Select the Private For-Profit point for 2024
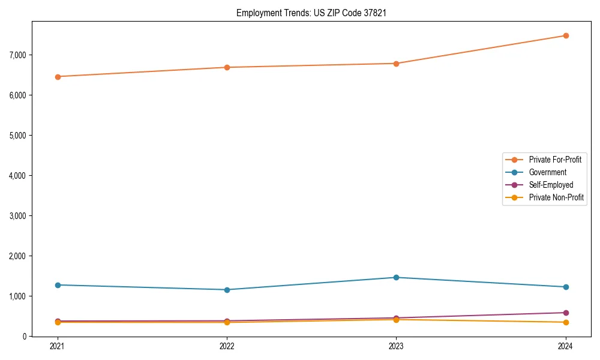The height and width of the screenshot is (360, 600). click(x=566, y=35)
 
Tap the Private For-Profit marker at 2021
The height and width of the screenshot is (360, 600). click(x=58, y=77)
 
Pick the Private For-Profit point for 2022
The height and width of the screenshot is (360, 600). click(x=227, y=67)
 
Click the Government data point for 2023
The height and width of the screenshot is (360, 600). click(x=397, y=277)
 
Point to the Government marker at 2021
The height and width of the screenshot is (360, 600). click(x=58, y=285)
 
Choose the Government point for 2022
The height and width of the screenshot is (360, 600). click(x=227, y=290)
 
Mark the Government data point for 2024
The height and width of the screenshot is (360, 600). click(x=566, y=287)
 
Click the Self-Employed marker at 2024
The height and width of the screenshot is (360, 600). click(x=566, y=313)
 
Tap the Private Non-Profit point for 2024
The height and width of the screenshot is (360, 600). click(x=566, y=322)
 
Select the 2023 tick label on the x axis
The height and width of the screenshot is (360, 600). click(x=397, y=346)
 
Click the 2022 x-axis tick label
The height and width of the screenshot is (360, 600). click(x=227, y=346)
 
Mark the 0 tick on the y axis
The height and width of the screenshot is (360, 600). click(x=25, y=337)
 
